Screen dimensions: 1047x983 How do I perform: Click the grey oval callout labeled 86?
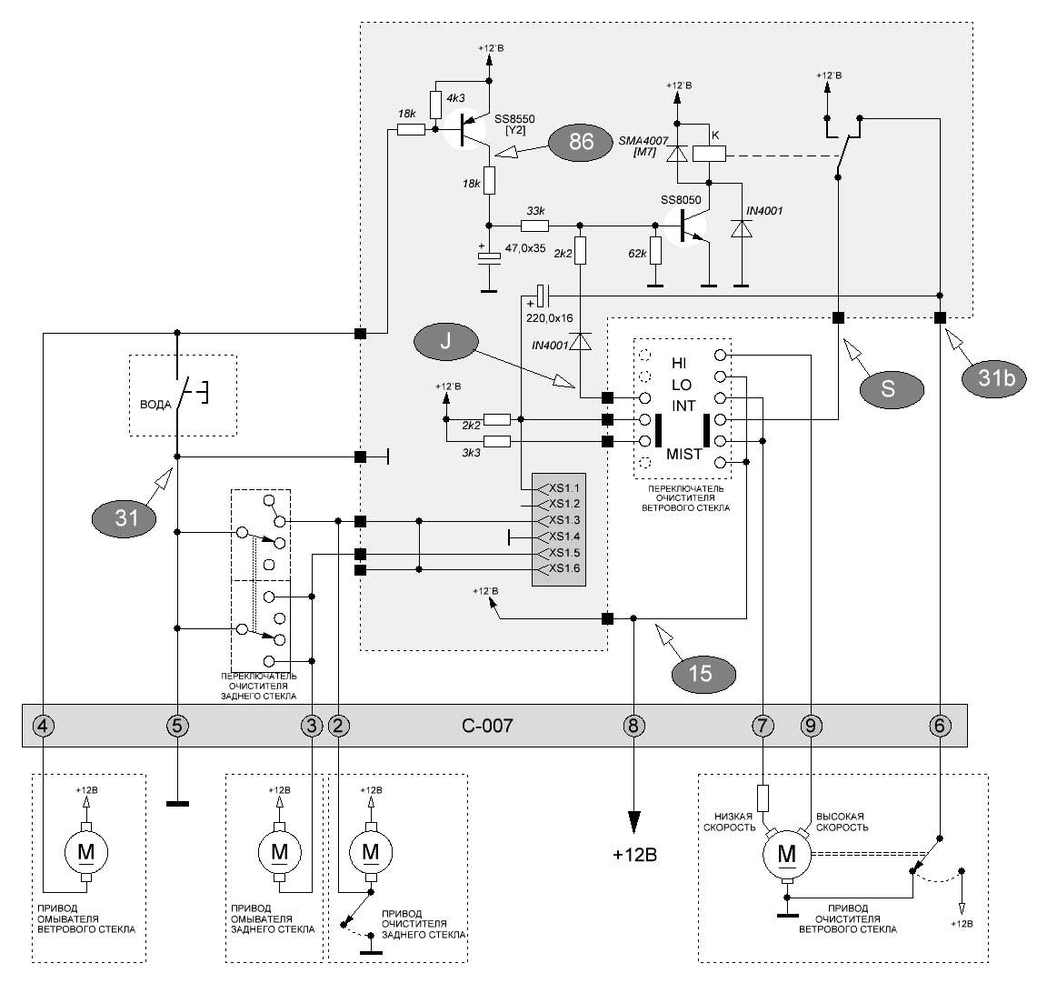[x=580, y=142]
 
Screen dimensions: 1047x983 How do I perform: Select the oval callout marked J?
[x=445, y=342]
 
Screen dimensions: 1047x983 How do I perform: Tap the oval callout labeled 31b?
[x=995, y=379]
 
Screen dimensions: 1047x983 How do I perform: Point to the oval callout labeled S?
[x=892, y=389]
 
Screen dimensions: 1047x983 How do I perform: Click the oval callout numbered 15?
[x=703, y=674]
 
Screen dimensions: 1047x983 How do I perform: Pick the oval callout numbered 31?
[x=125, y=518]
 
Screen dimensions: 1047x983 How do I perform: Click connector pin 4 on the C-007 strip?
[x=44, y=725]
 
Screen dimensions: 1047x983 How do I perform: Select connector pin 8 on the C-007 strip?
[x=633, y=725]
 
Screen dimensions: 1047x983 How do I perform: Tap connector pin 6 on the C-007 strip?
[x=940, y=725]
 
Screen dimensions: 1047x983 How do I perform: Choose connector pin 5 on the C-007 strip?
[x=177, y=725]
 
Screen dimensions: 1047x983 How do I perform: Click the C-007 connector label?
[x=487, y=726]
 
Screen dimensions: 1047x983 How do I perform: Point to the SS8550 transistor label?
[x=514, y=119]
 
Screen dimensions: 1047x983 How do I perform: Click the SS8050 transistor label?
[x=681, y=200]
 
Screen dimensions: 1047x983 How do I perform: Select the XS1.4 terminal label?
[x=564, y=537]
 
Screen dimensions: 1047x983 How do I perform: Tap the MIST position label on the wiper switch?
[x=683, y=455]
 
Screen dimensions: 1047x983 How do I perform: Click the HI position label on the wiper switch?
[x=678, y=364]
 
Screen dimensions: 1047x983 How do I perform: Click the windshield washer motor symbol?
[x=85, y=853]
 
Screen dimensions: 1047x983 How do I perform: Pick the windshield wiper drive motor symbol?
[x=787, y=854]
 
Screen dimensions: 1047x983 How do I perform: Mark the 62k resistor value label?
[x=637, y=254]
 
